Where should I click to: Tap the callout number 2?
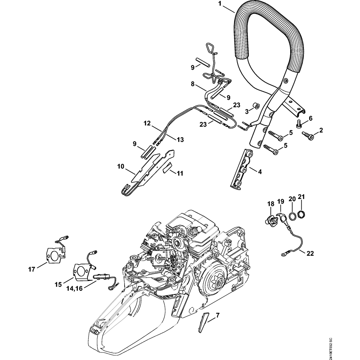click(x=321, y=130)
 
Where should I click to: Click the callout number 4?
click(x=260, y=171)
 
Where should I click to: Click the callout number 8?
click(x=193, y=84)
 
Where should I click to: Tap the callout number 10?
click(x=121, y=166)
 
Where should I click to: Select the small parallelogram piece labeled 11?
click(x=167, y=168)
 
